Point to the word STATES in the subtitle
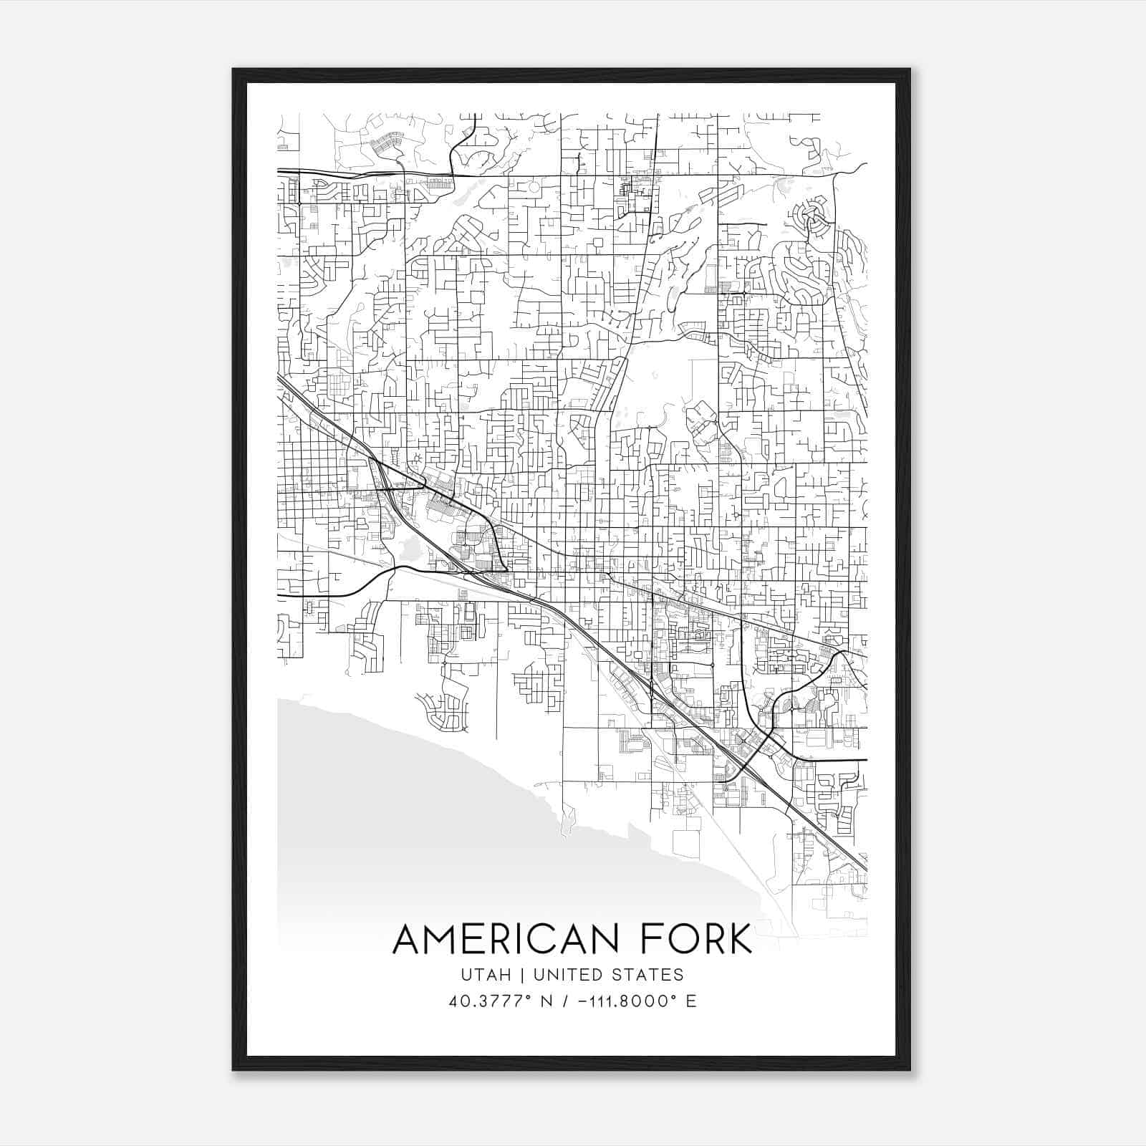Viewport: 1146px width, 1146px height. pos(647,975)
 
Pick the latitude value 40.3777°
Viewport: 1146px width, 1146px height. pos(487,1001)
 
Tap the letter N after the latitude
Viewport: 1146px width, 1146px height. pos(546,1001)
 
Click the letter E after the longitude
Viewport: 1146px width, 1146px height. pos(691,1001)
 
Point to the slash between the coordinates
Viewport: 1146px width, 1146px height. pos(568,1001)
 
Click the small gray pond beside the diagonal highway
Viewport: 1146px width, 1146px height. pos(409,548)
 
